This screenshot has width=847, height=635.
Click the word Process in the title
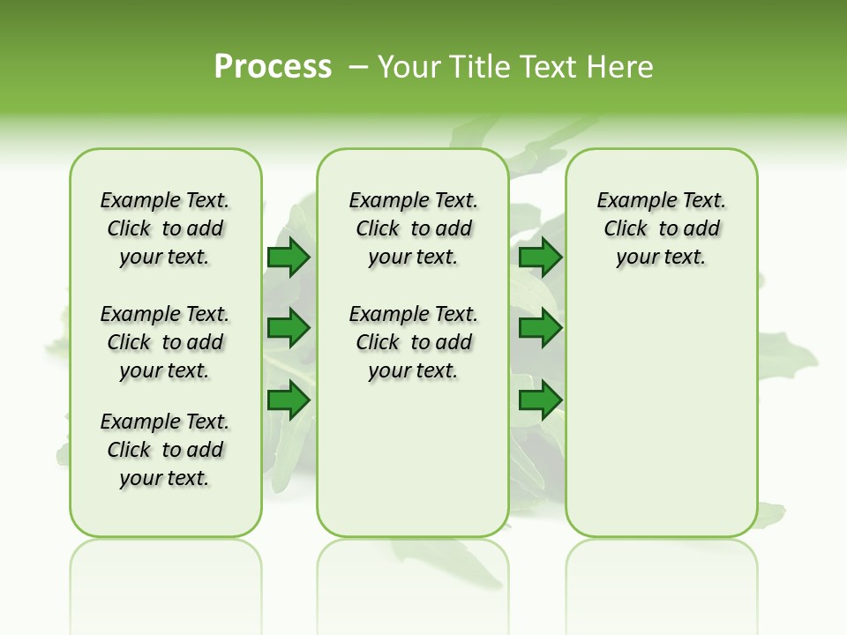click(x=273, y=67)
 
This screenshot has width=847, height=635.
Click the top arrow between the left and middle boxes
click(x=288, y=258)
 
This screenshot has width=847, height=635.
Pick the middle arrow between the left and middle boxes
click(x=288, y=328)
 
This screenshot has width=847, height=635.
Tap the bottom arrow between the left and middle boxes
click(x=288, y=400)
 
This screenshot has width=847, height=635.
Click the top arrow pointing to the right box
click(x=540, y=258)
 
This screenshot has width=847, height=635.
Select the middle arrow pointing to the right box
click(x=540, y=328)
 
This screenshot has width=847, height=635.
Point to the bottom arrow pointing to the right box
click(x=540, y=400)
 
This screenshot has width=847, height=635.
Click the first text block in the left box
click(x=165, y=228)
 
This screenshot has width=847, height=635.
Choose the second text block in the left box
click(x=165, y=342)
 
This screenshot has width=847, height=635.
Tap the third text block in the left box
click(x=165, y=450)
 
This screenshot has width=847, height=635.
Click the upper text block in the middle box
click(x=413, y=228)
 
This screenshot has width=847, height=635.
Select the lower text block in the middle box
click(x=413, y=342)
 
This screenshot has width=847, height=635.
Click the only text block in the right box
click(x=661, y=228)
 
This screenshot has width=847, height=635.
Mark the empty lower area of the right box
click(x=661, y=415)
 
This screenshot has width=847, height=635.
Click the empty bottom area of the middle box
click(x=413, y=467)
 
